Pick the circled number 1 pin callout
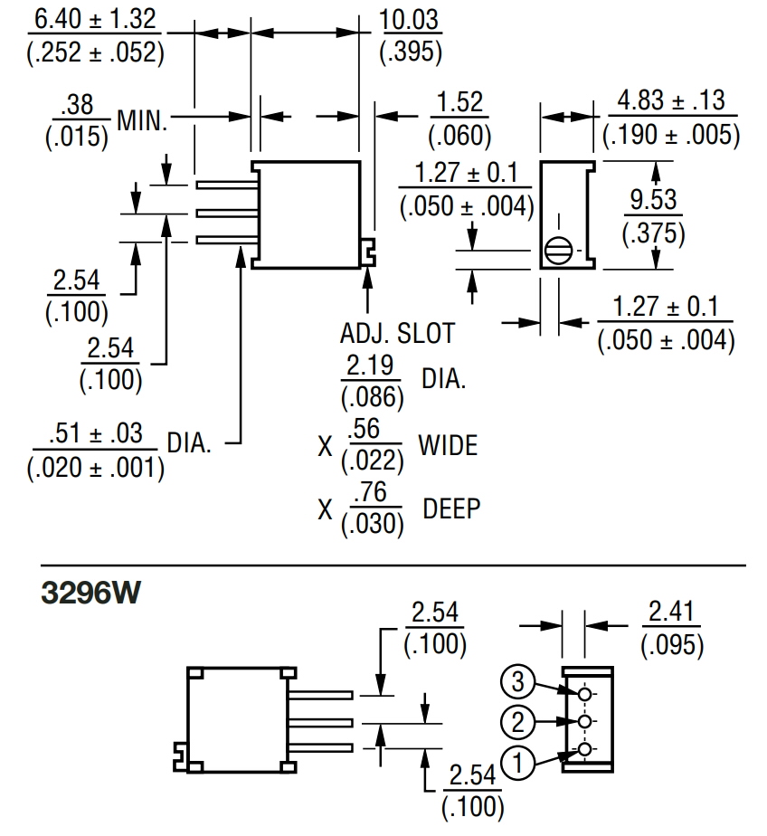click(x=518, y=763)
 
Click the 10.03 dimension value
click(x=411, y=21)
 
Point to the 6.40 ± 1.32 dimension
click(x=93, y=19)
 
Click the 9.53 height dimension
click(x=653, y=200)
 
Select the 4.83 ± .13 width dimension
click(x=670, y=100)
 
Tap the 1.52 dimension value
click(x=459, y=102)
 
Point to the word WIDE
click(x=448, y=445)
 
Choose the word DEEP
click(x=451, y=508)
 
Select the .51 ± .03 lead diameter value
click(x=95, y=433)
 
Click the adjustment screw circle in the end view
click(x=557, y=248)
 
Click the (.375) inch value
click(x=653, y=233)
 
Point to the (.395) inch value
click(x=411, y=52)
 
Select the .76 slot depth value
click(x=372, y=494)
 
